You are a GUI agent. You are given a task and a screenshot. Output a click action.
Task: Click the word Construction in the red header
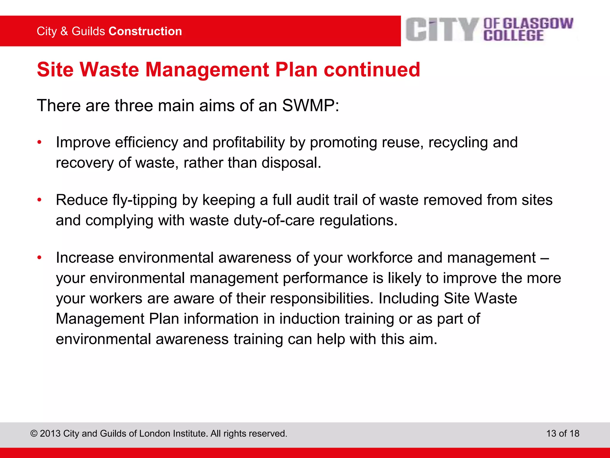click(x=145, y=31)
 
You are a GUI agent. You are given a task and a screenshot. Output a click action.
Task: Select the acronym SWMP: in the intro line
click(x=311, y=106)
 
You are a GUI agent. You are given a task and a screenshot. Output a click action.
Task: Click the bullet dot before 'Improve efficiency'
click(x=39, y=143)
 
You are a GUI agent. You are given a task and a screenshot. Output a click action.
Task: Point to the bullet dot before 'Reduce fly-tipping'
click(x=39, y=200)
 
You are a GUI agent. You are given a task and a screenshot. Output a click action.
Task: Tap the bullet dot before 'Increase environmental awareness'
click(x=39, y=258)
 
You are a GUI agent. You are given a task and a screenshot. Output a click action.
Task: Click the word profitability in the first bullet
click(x=249, y=142)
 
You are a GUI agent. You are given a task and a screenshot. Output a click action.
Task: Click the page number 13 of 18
click(x=563, y=433)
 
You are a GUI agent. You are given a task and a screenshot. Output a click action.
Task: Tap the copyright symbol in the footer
click(x=34, y=434)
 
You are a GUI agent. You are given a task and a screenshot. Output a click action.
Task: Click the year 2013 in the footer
click(x=50, y=434)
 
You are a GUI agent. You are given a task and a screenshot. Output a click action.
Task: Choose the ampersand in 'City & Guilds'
click(x=64, y=31)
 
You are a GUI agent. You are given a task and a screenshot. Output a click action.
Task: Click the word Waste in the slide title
click(x=110, y=70)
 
